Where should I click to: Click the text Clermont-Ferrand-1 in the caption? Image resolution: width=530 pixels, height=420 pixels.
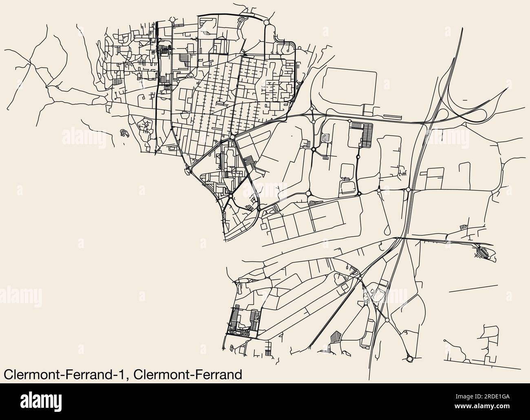coord(65,374)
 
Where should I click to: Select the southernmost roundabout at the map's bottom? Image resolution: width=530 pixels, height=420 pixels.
coord(410,358)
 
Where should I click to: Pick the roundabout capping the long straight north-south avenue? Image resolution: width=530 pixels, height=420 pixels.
coord(172,20)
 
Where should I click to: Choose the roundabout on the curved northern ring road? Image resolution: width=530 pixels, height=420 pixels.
coord(266,22)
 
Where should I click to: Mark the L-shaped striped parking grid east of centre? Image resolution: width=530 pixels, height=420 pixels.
coord(363,132)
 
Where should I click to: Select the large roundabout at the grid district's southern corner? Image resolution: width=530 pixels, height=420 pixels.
coord(232,138)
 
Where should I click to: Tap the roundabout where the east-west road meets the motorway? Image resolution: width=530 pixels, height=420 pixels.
coord(408,189)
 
